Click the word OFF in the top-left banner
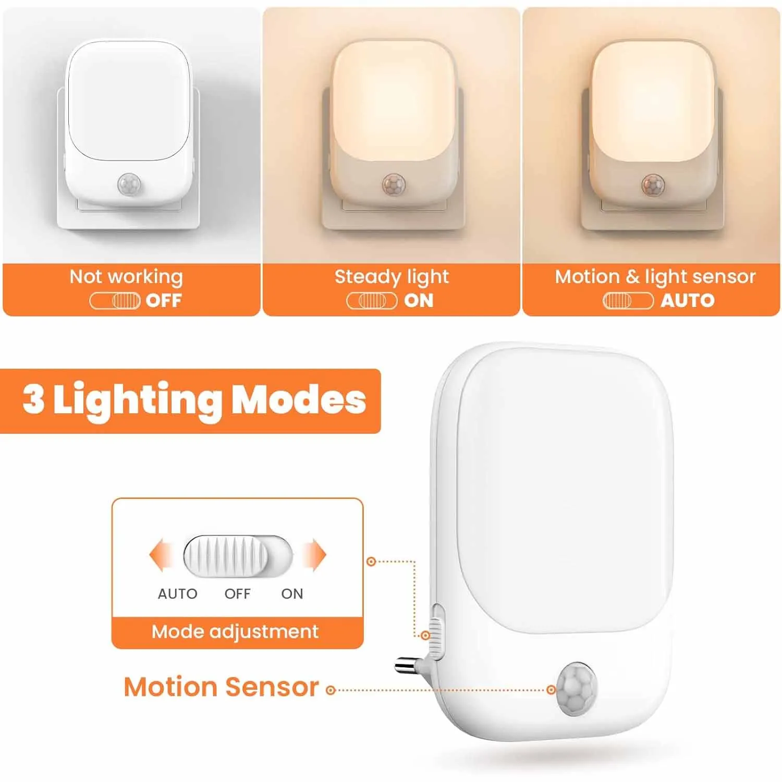164,301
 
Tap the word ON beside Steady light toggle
419,301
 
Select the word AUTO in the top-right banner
687,300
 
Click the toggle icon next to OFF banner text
115,301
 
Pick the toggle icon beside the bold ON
372,301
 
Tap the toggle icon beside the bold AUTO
628,301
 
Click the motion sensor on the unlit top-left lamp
129,185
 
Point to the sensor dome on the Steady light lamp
394,185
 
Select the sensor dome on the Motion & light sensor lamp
653,185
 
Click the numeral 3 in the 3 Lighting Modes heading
33,399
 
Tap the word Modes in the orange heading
298,399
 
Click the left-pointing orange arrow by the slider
162,556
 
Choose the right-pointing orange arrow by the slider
314,556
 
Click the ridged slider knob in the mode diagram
226,556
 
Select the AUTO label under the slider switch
177,594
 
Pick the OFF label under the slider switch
237,594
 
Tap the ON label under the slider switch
292,594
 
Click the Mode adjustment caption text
235,632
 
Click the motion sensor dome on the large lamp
576,689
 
